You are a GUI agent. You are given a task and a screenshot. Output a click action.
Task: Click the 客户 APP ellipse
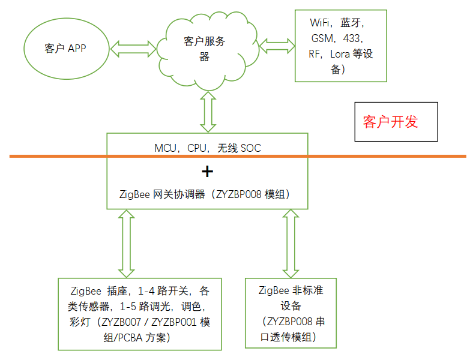click(65, 49)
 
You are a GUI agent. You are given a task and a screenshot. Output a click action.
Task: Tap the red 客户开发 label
click(390, 122)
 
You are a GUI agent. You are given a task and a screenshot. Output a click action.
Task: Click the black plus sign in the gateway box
click(207, 172)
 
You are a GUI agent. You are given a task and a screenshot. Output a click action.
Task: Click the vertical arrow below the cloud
click(208, 112)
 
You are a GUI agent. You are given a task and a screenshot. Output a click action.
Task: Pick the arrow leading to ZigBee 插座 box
click(127, 243)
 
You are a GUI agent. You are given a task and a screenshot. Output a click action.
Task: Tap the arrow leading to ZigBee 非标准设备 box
click(291, 243)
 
